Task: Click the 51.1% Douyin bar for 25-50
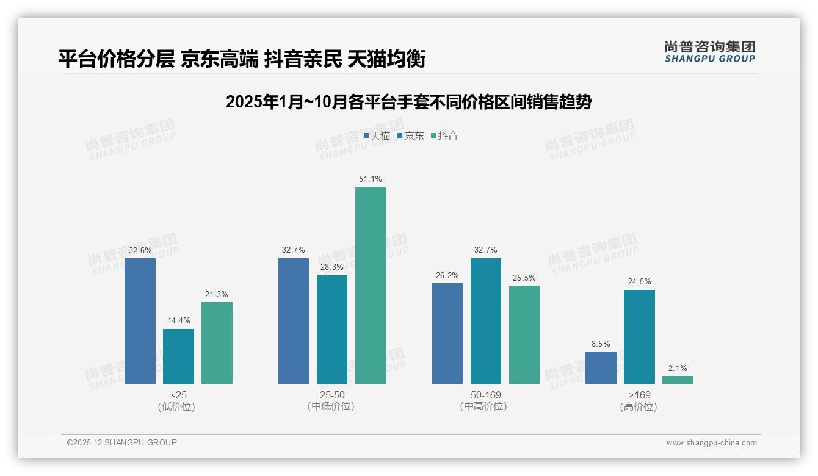point(371,285)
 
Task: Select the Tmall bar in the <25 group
point(140,321)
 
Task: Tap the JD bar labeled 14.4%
point(178,356)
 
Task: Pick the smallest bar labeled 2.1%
point(678,380)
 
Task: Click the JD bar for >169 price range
point(639,337)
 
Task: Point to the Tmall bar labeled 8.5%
point(601,367)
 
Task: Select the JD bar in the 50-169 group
point(486,321)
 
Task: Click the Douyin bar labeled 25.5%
point(524,334)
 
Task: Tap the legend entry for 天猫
point(377,136)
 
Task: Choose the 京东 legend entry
point(411,136)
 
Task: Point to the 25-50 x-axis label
point(331,395)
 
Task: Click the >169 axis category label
point(639,395)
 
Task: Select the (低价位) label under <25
point(178,406)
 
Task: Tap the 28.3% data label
point(332,267)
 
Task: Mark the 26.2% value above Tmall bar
point(447,275)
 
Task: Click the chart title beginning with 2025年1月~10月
point(408,102)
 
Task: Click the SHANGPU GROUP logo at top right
point(709,52)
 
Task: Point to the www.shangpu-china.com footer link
point(711,443)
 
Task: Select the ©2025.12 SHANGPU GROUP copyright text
point(122,442)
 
